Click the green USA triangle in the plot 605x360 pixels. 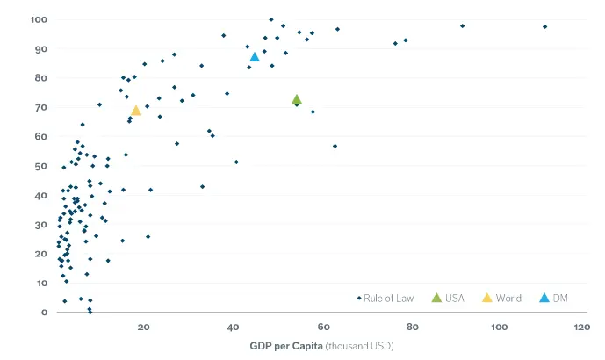[297, 100]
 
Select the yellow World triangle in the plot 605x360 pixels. [136, 111]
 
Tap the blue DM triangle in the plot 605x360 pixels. [255, 57]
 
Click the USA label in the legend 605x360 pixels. [454, 299]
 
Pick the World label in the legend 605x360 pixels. [508, 299]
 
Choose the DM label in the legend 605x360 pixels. [560, 299]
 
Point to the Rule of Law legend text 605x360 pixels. [391, 299]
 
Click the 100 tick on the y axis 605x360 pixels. [38, 19]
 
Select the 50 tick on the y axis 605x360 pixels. [40, 166]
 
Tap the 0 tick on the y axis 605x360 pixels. [43, 313]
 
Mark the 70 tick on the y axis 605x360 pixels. [40, 107]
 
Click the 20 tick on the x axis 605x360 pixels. [144, 328]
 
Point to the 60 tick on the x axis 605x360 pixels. [322, 328]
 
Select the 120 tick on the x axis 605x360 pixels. [581, 328]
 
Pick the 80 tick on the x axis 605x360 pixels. [411, 328]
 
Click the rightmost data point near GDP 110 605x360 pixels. [544, 27]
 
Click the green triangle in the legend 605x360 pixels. [436, 299]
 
